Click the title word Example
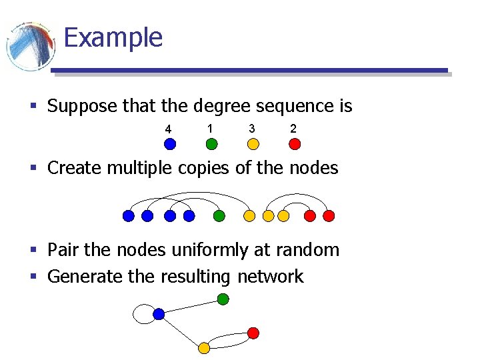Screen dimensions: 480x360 tap(113, 37)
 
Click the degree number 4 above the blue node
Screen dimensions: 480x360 tap(169, 129)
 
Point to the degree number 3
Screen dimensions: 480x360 tap(251, 128)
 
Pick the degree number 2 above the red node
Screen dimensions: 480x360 tap(293, 128)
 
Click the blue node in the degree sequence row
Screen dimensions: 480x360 tap(170, 143)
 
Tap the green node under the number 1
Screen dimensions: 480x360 tap(211, 143)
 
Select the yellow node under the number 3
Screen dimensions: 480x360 tap(253, 143)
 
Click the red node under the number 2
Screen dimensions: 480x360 tap(295, 143)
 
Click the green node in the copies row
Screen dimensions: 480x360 tap(219, 216)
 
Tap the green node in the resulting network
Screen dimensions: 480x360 tap(223, 299)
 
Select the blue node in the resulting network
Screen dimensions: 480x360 tap(159, 313)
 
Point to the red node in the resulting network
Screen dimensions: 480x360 tap(253, 333)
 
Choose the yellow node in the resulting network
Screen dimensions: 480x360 tap(204, 347)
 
